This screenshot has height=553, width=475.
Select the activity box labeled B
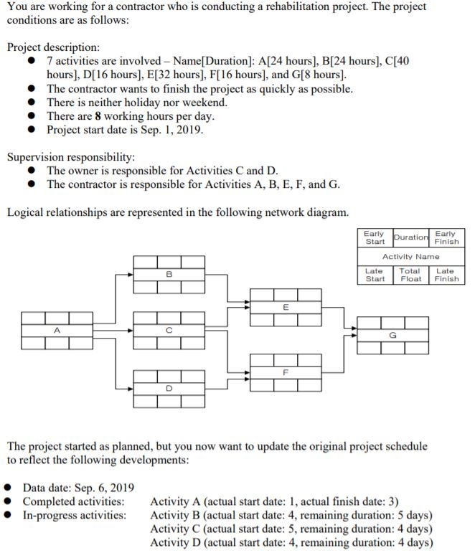pyautogui.click(x=169, y=274)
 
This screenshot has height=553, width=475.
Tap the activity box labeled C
pyautogui.click(x=169, y=331)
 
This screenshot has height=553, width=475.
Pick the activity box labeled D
pyautogui.click(x=169, y=387)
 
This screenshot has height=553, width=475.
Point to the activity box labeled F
pyautogui.click(x=285, y=372)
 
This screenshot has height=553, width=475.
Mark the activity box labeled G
pyautogui.click(x=392, y=335)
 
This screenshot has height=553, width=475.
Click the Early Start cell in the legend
pyautogui.click(x=374, y=237)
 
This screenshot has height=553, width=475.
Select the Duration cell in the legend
pyautogui.click(x=410, y=237)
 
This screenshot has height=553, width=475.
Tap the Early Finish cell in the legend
pyautogui.click(x=446, y=237)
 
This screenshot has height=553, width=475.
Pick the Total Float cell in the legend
pyautogui.click(x=410, y=275)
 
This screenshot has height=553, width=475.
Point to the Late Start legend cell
pyautogui.click(x=374, y=275)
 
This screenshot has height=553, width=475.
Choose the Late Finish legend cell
pyautogui.click(x=446, y=275)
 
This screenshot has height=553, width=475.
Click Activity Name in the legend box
pyautogui.click(x=410, y=256)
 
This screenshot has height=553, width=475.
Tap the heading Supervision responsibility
pyautogui.click(x=71, y=156)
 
